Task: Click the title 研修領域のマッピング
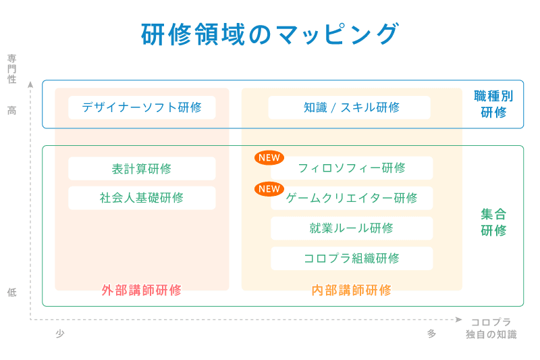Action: [270, 34]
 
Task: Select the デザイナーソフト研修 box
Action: [142, 107]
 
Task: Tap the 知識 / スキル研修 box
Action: [349, 107]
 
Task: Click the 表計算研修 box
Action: [142, 168]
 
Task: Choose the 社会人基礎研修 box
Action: [142, 198]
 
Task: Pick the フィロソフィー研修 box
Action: [352, 168]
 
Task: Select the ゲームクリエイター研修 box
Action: [352, 198]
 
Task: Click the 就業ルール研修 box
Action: [352, 228]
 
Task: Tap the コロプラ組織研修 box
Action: [352, 259]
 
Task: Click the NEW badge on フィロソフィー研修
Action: [269, 158]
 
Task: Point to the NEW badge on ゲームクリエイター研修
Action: [269, 189]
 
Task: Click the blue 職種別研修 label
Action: [493, 104]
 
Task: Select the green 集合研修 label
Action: [493, 222]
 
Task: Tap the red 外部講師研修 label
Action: [142, 290]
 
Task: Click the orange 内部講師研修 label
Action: [351, 290]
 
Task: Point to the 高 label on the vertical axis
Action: [12, 111]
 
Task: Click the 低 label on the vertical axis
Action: [12, 292]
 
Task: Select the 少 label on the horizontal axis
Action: [60, 334]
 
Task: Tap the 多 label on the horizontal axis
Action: [431, 334]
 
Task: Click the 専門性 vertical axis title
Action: [12, 68]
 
